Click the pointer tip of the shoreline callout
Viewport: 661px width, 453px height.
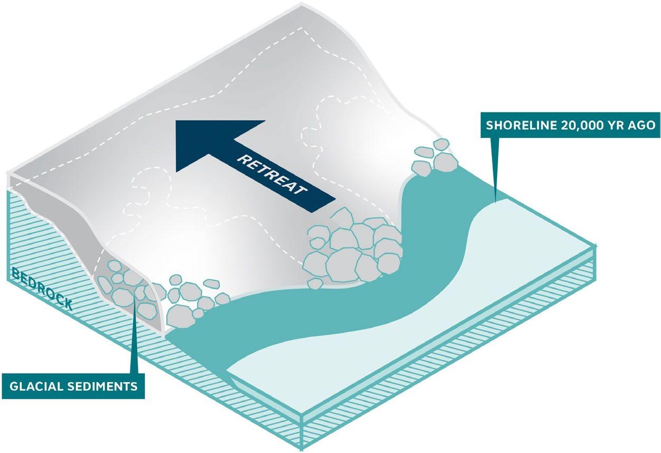pyautogui.click(x=496, y=200)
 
